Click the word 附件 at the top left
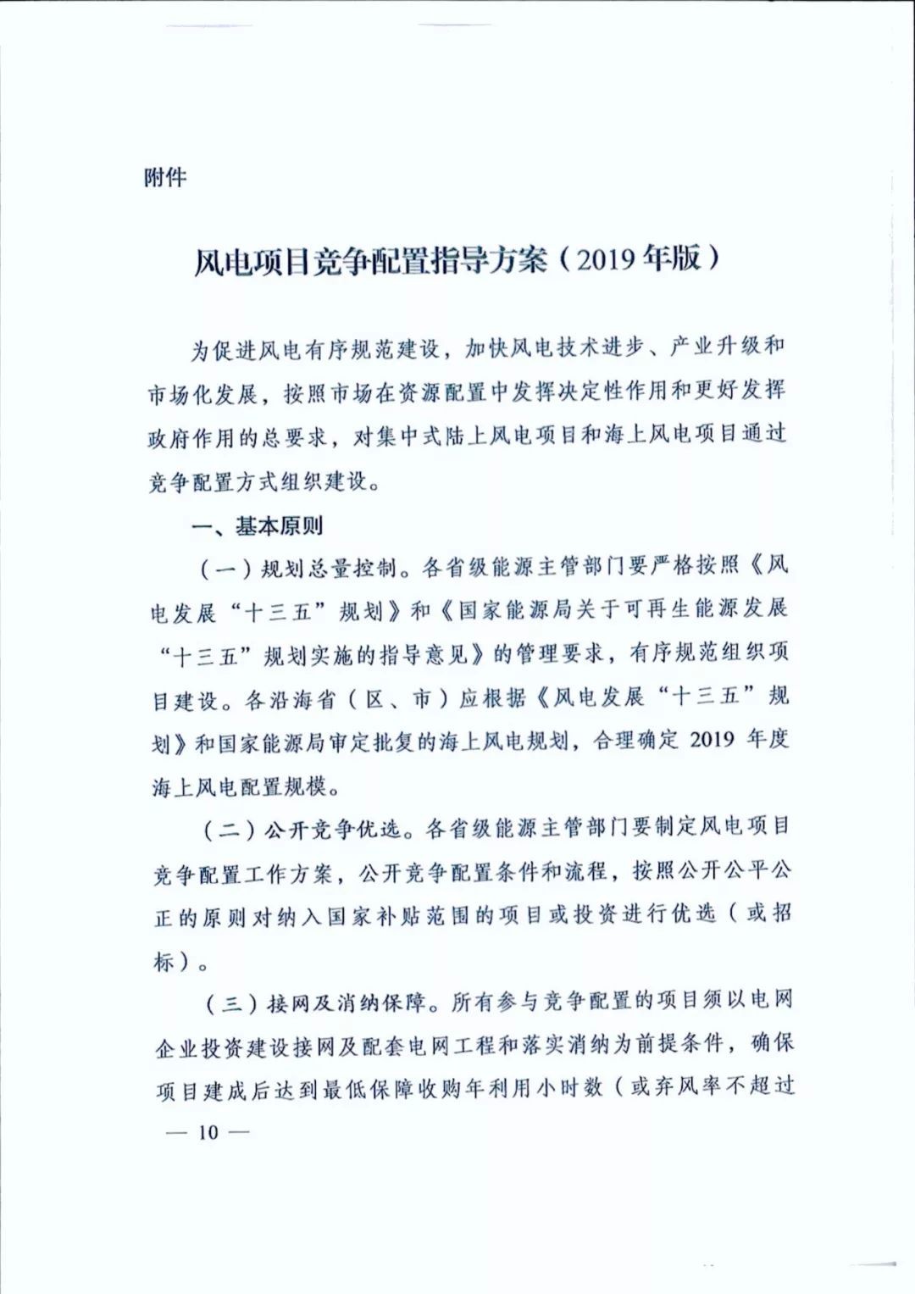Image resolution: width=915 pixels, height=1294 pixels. (165, 177)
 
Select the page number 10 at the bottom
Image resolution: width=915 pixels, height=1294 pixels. (208, 1132)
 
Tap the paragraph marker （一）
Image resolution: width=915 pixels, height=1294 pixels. (225, 568)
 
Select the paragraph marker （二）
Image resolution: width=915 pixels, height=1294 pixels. (229, 829)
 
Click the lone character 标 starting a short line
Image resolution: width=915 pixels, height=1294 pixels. (164, 961)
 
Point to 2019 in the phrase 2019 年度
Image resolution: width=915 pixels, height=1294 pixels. (712, 740)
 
